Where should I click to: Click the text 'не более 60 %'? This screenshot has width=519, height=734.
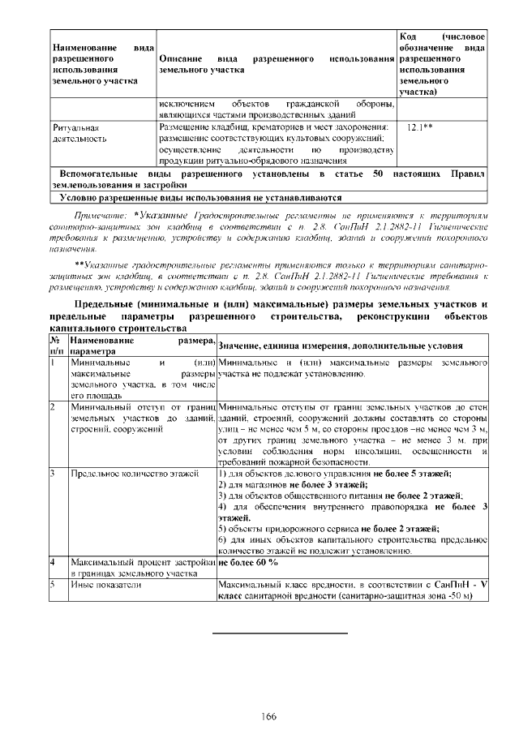247,561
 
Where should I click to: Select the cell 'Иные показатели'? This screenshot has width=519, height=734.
101,583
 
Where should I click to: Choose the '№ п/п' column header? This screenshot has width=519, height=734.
57,347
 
